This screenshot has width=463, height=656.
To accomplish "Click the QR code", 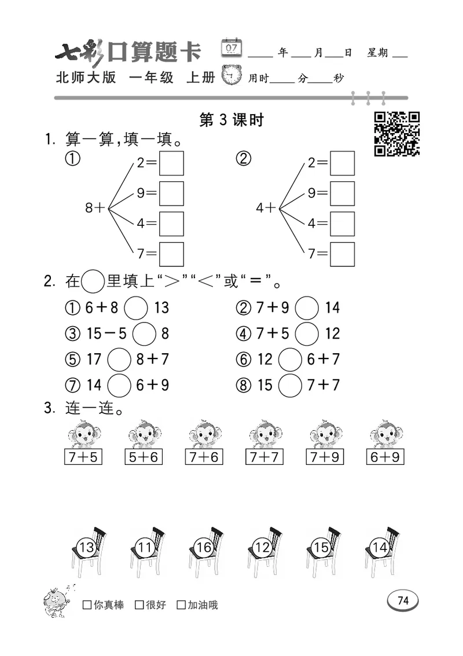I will coord(396,134).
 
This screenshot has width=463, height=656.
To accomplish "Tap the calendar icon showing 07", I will coord(232,48).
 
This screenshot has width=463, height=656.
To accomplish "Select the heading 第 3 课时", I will coord(231,120).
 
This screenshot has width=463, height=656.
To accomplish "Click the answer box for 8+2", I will coord(171,163).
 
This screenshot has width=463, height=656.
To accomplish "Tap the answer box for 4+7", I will coord(342,254).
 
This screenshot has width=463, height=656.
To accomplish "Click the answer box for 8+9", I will coord(171,193).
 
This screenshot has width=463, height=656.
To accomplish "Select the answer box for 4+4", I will coord(342,223).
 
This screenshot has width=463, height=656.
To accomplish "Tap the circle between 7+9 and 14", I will coord(307,307).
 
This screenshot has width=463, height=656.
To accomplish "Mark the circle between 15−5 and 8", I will coord(144,334).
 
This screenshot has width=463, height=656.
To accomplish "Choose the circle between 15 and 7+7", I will coord(290,384).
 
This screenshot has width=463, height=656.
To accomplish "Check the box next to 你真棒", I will coord(87,605).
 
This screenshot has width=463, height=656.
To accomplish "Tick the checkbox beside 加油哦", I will coord(181,605).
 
